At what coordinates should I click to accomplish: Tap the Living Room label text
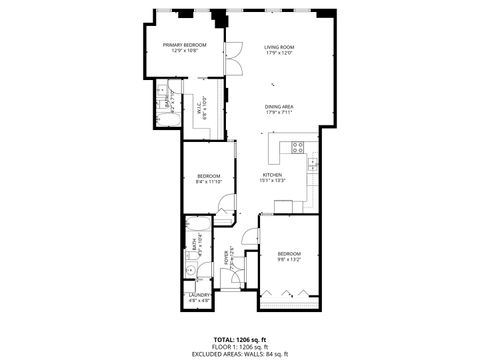[x=278, y=46]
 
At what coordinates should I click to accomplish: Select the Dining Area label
[x=278, y=107]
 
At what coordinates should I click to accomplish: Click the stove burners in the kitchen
[x=296, y=147]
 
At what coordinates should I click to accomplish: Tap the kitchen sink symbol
[x=312, y=161]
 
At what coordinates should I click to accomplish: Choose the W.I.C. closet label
[x=201, y=101]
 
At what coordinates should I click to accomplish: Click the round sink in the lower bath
[x=189, y=270]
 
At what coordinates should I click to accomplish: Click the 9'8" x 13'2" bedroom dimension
[x=288, y=261]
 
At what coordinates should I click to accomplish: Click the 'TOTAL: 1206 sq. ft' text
[x=239, y=340]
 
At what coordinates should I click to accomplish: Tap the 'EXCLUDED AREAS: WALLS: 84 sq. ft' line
[x=239, y=354]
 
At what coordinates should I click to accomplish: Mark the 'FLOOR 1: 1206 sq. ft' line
[x=239, y=347]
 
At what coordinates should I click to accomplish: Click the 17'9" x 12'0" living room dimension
[x=278, y=53]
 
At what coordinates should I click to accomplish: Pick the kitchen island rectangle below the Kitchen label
[x=283, y=207]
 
